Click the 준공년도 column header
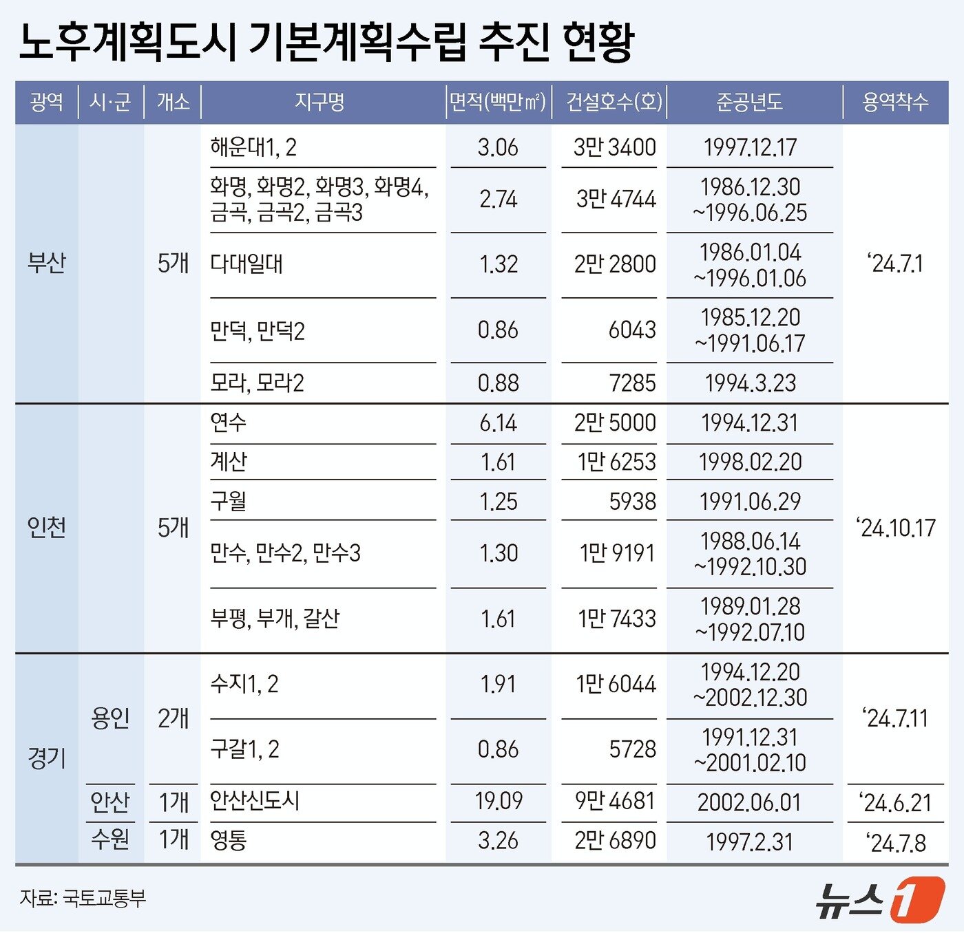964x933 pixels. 749,103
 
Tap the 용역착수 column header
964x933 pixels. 895,103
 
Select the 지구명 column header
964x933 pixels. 319,103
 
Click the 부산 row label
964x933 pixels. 46,263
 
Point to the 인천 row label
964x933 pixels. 46,528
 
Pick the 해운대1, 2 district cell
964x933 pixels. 253,147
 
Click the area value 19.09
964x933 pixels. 499,801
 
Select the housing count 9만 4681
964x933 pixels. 615,801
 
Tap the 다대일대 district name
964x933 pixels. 247,264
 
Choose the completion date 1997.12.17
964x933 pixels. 750,147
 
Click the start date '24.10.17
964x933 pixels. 896,528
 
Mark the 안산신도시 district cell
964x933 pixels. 255,801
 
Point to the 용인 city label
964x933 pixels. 110,718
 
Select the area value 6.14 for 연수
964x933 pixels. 499,422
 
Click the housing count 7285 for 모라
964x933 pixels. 632,383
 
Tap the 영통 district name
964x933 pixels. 229,840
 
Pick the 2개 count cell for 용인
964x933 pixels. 173,718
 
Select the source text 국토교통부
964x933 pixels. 104,899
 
